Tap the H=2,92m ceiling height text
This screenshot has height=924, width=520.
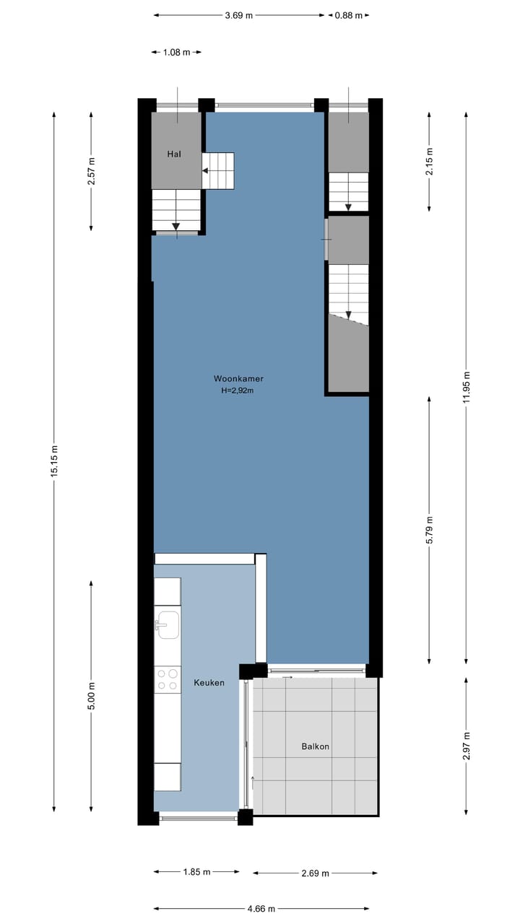[238, 391]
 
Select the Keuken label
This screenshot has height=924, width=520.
[209, 682]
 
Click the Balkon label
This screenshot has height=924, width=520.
[315, 746]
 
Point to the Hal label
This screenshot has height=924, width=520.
[173, 154]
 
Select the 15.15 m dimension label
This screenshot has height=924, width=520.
[54, 462]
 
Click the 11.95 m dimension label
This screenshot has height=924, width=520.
[467, 390]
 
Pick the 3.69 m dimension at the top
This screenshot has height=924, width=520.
[239, 15]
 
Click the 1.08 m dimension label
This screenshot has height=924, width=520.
[176, 52]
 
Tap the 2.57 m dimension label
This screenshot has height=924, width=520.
[91, 172]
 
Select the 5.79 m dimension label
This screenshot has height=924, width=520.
[430, 530]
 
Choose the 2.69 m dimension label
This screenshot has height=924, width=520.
[315, 873]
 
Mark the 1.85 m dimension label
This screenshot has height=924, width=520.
[196, 872]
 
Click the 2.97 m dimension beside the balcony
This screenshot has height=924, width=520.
[467, 745]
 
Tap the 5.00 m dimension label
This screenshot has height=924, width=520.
[91, 696]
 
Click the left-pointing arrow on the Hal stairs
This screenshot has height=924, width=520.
[206, 171]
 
